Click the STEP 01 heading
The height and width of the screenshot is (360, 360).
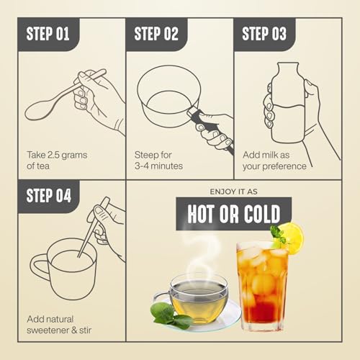48,34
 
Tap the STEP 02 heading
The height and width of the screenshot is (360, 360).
156,34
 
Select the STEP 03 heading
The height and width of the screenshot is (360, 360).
264,34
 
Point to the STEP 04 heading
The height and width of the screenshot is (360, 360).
49,195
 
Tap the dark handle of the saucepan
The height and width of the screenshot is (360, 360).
211,131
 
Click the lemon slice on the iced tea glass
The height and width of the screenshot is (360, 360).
292,238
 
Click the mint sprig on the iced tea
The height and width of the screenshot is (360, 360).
278,234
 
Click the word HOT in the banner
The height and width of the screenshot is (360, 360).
201,214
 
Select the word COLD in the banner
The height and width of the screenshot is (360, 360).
262,214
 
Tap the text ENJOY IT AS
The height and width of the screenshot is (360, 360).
233,192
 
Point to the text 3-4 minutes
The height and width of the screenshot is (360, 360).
158,166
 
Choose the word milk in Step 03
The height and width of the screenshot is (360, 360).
270,155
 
